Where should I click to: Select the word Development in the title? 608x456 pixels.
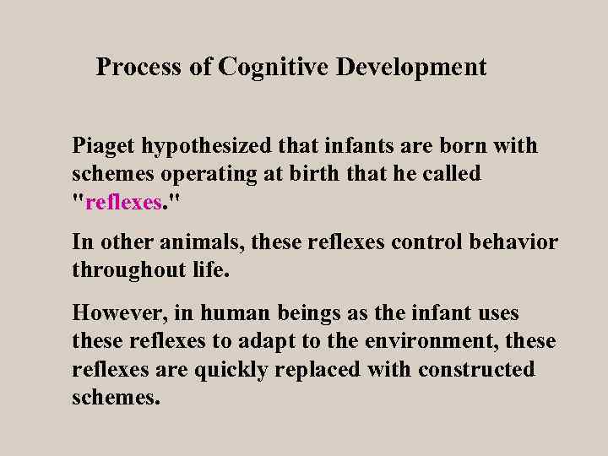tap(411, 67)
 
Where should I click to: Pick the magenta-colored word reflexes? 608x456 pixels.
tap(122, 203)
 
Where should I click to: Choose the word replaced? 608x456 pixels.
tap(324, 370)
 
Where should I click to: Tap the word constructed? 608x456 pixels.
tap(476, 370)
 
